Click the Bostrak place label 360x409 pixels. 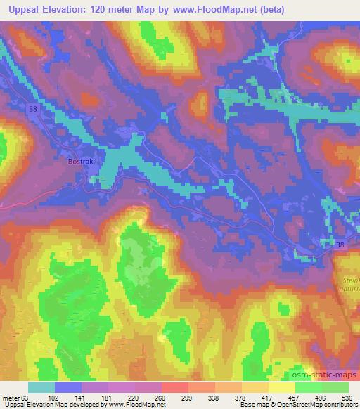(x=79, y=161)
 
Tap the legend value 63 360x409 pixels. (x=25, y=396)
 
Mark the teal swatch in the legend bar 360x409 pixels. (x=41, y=387)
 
